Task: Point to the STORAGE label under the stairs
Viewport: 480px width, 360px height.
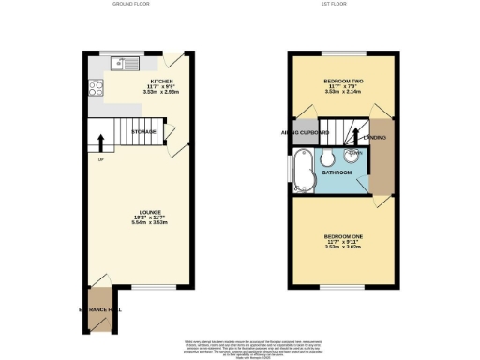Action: tap(143, 132)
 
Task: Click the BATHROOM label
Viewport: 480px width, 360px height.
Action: tap(337, 172)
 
